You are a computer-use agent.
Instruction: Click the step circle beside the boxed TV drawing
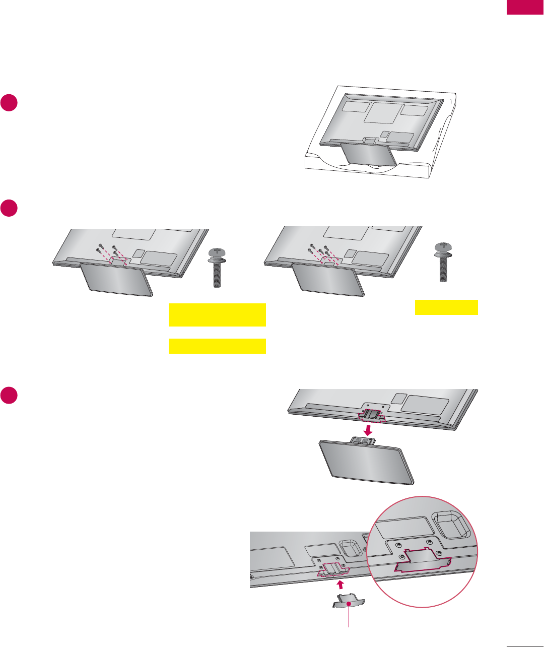pos(9,102)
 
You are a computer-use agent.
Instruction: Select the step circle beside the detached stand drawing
pos(9,395)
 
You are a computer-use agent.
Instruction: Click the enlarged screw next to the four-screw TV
pos(217,267)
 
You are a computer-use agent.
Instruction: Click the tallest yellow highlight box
pos(217,315)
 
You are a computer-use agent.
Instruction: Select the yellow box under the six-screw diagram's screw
pos(446,307)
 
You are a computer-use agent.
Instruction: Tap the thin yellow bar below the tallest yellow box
pos(217,346)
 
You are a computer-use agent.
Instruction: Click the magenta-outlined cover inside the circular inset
pos(421,561)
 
